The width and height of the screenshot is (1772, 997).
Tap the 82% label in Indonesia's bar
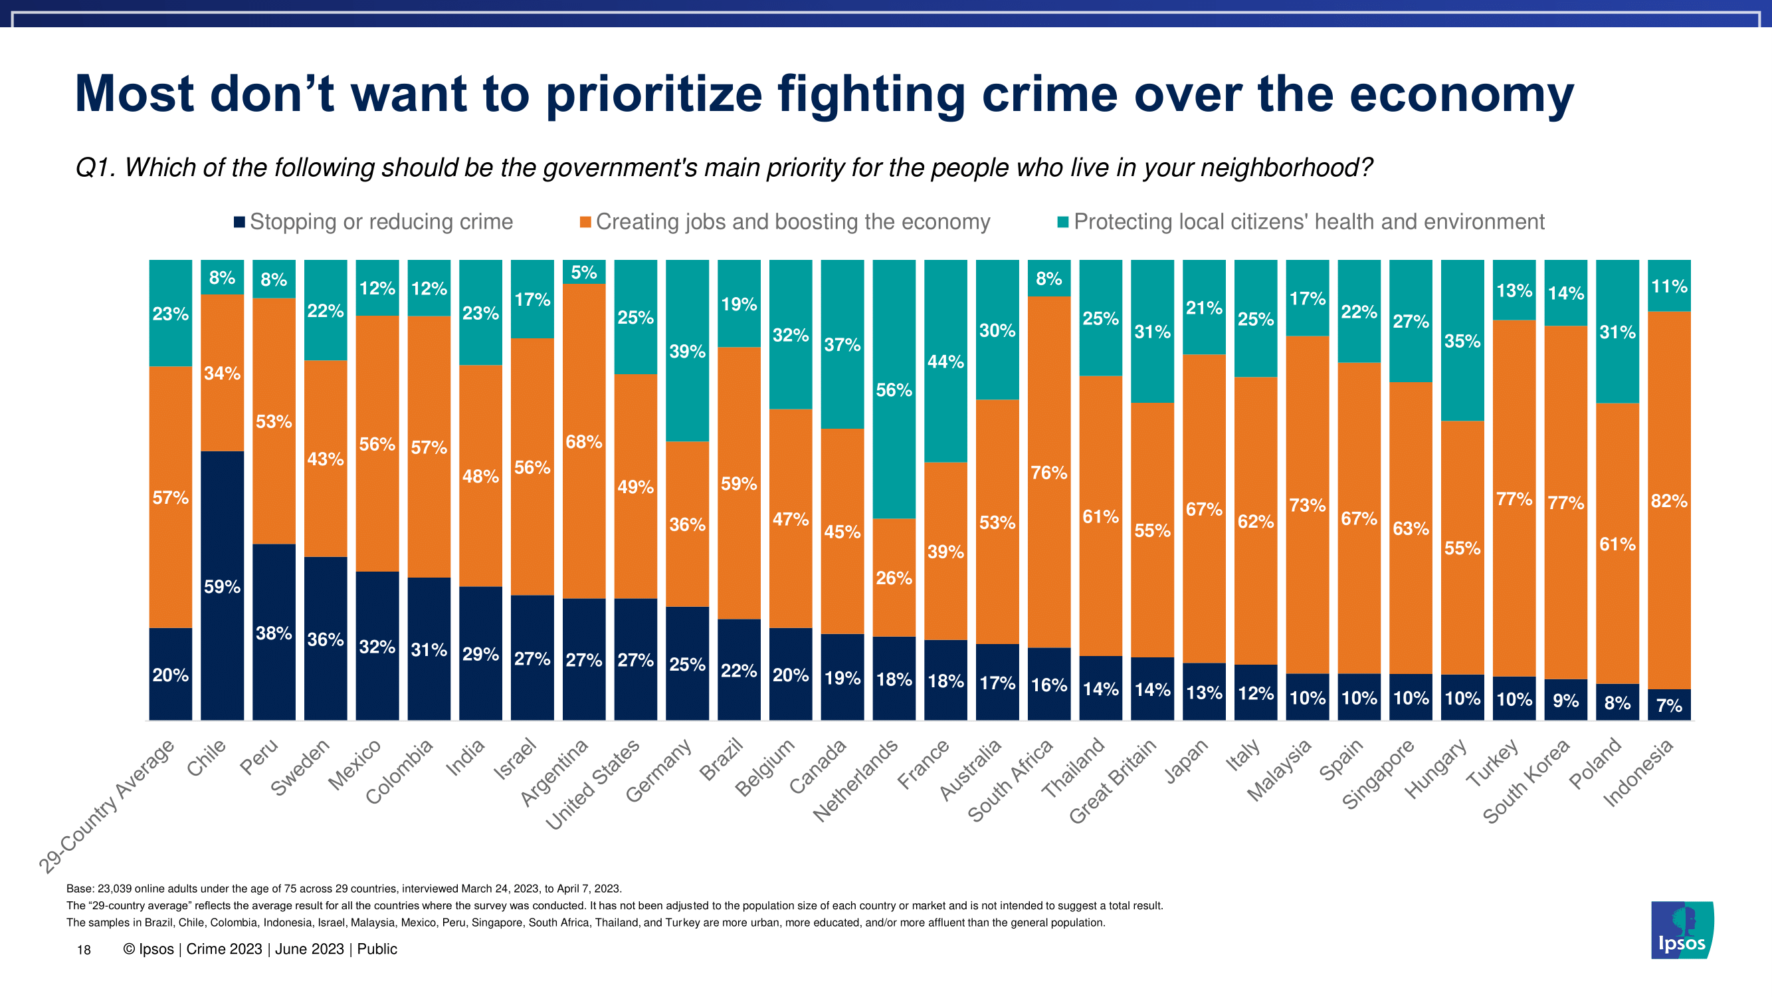1669,501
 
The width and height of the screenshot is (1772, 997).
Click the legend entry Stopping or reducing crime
381,221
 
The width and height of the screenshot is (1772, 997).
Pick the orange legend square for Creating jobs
585,222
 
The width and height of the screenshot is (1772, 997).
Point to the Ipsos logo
1682,930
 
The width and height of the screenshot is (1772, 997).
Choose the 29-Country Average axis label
106,806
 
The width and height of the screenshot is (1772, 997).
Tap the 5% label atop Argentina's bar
584,273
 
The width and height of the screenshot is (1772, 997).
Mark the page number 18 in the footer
84,950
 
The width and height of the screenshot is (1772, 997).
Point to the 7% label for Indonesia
1669,705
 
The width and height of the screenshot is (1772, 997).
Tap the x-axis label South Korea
1526,782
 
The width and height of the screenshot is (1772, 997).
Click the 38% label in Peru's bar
274,633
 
